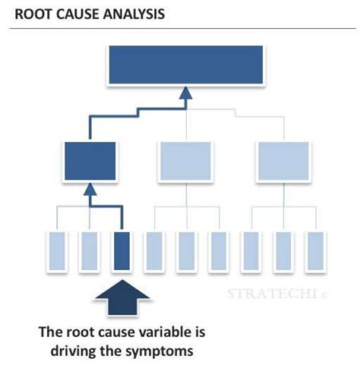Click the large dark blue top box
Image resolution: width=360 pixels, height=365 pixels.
click(x=186, y=65)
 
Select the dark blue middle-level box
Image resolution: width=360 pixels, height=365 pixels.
click(x=90, y=160)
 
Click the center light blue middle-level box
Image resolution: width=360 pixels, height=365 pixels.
click(x=186, y=160)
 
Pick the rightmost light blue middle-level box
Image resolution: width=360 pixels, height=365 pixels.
click(x=283, y=160)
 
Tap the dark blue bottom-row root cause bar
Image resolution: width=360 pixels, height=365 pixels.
click(x=122, y=253)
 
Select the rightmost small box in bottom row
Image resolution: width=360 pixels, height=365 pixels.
click(x=314, y=253)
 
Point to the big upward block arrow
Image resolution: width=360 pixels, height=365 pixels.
click(x=122, y=303)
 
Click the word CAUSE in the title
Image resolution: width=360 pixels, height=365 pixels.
click(x=76, y=14)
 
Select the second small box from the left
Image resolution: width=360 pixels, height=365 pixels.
click(x=90, y=253)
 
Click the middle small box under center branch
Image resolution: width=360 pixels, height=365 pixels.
click(x=186, y=253)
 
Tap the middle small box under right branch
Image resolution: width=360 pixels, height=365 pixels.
click(x=283, y=253)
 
